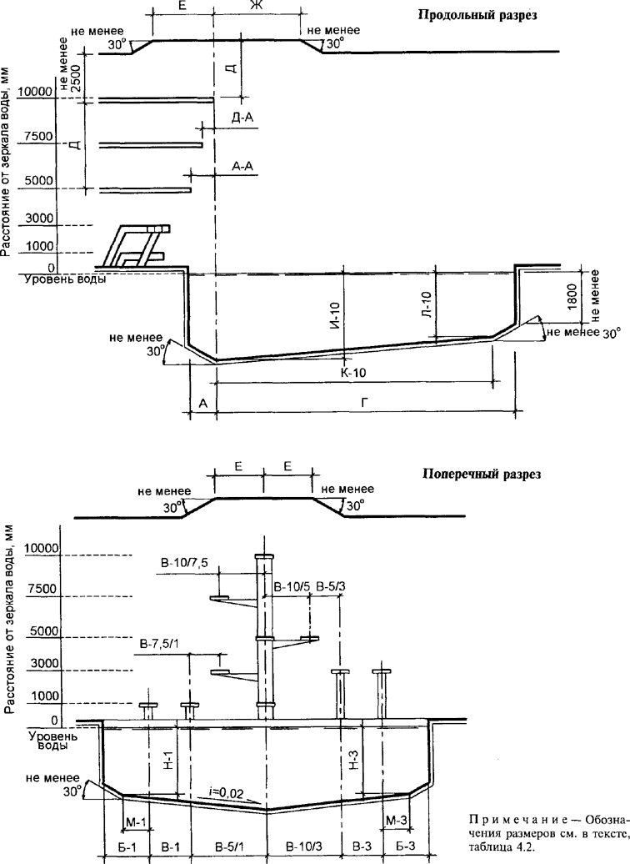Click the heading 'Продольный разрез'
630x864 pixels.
[x=477, y=15]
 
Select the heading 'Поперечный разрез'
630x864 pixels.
[x=482, y=474]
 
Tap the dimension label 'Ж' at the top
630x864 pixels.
[x=256, y=6]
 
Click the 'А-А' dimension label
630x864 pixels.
[x=242, y=165]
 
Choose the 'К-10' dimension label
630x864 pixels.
[x=353, y=373]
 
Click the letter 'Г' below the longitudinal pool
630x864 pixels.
[x=364, y=403]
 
